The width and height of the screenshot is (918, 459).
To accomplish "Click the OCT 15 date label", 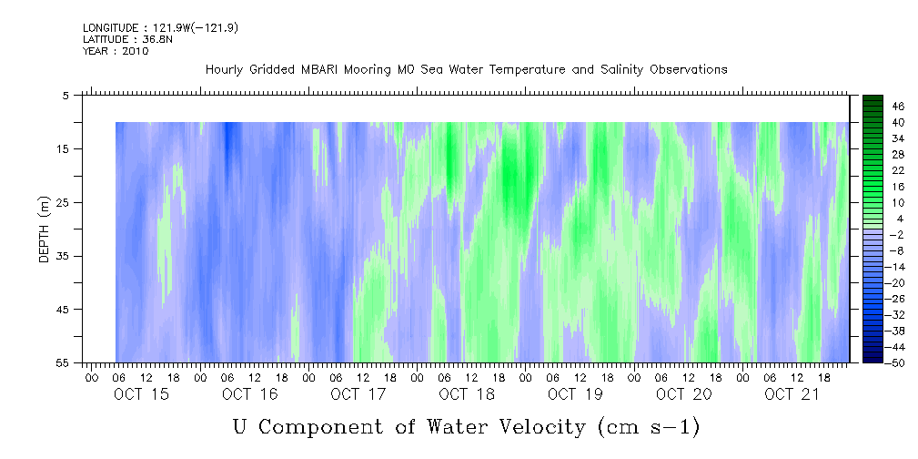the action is click(x=141, y=394).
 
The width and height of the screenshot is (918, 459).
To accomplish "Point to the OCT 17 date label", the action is click(x=358, y=394).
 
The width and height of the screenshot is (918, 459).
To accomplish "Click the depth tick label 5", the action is click(x=65, y=96).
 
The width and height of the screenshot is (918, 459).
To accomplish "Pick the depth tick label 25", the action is click(x=62, y=203).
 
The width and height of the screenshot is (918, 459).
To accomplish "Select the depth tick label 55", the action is click(x=62, y=363).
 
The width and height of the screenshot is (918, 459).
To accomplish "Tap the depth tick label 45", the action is click(x=62, y=310).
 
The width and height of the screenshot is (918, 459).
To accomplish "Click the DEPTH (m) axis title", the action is click(x=45, y=229).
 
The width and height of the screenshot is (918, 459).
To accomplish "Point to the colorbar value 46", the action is click(x=898, y=107).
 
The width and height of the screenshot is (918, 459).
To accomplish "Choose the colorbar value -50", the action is click(x=896, y=363).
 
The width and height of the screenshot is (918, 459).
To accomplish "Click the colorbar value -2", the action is click(x=896, y=235).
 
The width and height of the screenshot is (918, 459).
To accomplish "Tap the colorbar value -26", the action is click(x=896, y=299).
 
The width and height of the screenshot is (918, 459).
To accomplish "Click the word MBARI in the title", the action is click(x=319, y=70).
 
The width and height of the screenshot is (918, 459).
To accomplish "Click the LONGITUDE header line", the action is click(x=160, y=28).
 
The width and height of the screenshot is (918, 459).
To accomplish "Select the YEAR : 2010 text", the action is click(x=116, y=51).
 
